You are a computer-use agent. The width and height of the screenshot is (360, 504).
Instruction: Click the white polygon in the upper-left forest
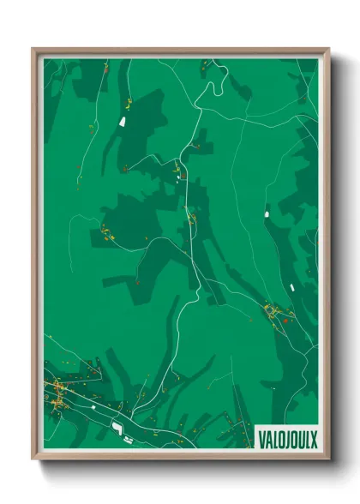point(123,122)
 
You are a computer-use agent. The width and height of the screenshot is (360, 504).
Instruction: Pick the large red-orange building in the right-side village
point(285,320)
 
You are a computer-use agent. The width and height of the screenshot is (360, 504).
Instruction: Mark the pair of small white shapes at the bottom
point(128,439)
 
